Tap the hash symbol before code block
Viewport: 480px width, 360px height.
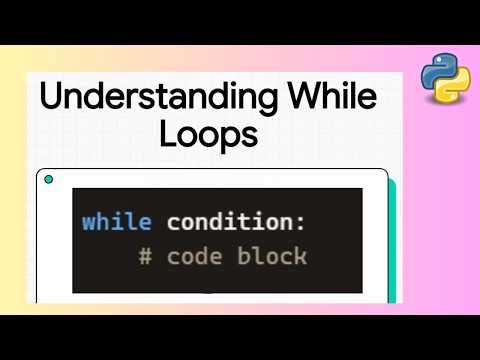point(145,256)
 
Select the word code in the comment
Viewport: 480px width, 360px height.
point(194,256)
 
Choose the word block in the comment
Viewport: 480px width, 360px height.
point(272,256)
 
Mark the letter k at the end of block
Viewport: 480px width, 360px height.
point(299,256)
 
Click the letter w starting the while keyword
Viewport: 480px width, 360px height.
point(90,222)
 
